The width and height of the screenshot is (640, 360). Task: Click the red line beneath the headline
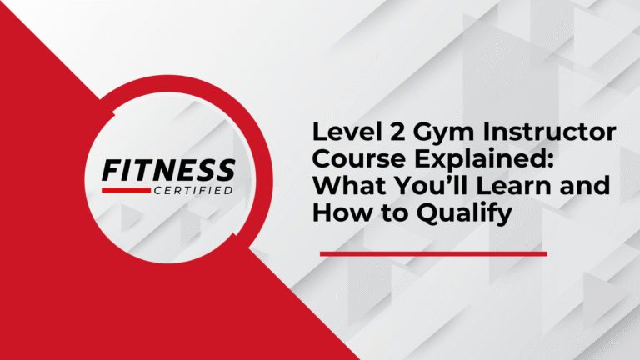433,252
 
